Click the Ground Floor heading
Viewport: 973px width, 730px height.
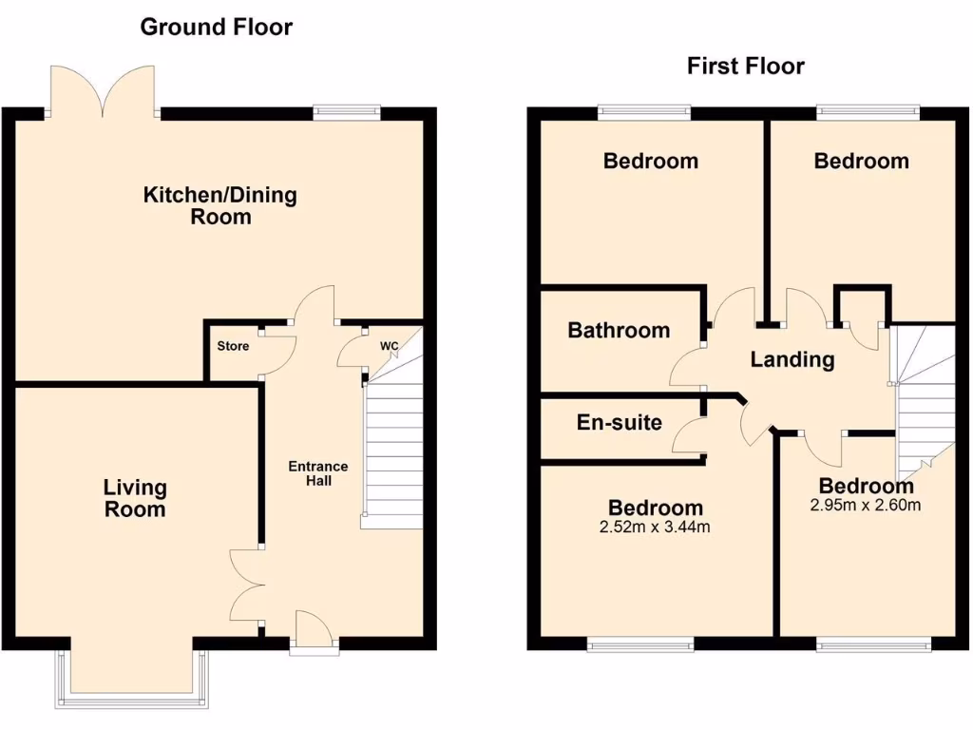(x=216, y=27)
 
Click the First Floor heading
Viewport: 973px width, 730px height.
(x=745, y=66)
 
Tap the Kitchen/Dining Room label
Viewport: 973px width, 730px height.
(x=219, y=205)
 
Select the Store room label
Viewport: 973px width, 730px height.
(x=233, y=346)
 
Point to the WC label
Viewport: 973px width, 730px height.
(x=390, y=346)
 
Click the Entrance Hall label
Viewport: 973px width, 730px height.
(x=318, y=473)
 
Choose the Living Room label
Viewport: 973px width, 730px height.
(x=135, y=498)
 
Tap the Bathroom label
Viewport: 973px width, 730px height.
(x=619, y=331)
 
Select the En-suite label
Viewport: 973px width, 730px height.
(x=620, y=422)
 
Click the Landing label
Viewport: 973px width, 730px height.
(x=792, y=359)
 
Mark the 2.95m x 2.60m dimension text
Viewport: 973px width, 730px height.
(x=865, y=506)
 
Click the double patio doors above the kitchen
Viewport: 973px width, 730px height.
(x=102, y=90)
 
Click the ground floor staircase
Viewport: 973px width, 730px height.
(x=393, y=456)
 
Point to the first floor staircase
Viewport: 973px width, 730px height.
(x=924, y=399)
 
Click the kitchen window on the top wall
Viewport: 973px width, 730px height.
(x=347, y=111)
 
